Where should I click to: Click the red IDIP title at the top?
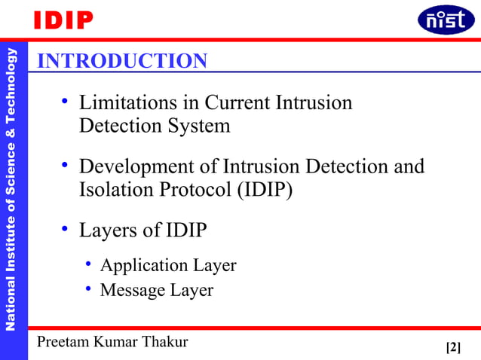click(63, 20)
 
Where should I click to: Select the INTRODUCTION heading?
click(122, 61)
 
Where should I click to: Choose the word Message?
click(131, 290)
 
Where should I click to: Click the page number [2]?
click(453, 347)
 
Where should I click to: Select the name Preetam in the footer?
click(65, 342)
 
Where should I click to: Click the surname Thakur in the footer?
click(164, 342)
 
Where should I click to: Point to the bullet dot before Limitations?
click(66, 100)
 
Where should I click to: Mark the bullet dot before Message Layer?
click(88, 288)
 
